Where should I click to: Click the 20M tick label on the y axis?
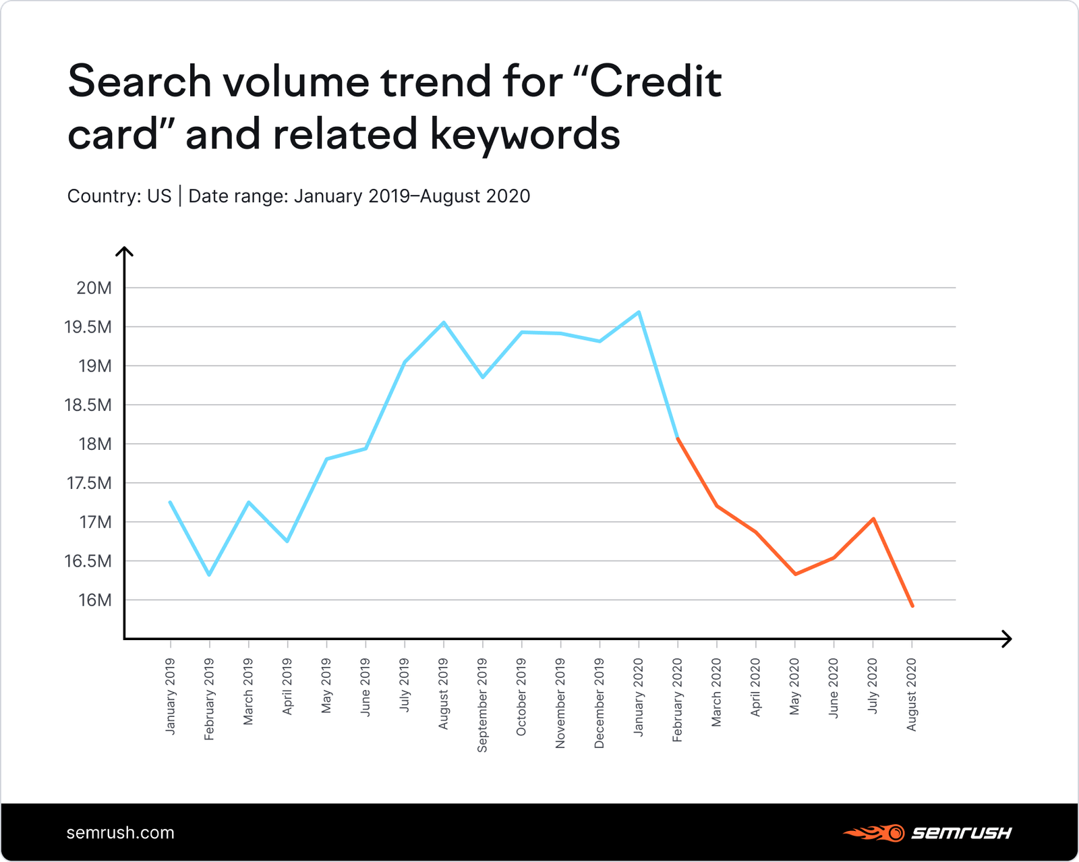(94, 288)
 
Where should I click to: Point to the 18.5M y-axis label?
(88, 405)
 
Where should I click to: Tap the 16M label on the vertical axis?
(94, 600)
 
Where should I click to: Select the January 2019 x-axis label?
(170, 696)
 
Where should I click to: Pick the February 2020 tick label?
(678, 700)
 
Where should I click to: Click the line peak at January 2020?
(639, 312)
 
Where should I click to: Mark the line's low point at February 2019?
(209, 575)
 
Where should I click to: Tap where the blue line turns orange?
(677, 438)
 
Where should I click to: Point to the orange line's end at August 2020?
(912, 606)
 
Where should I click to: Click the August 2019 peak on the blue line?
(443, 322)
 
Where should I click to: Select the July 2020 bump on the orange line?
(873, 519)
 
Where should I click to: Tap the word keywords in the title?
(525, 134)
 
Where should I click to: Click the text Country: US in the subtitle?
(119, 196)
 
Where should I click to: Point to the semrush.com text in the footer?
(120, 832)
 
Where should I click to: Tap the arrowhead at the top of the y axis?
(124, 252)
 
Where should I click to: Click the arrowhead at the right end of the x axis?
(1007, 639)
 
